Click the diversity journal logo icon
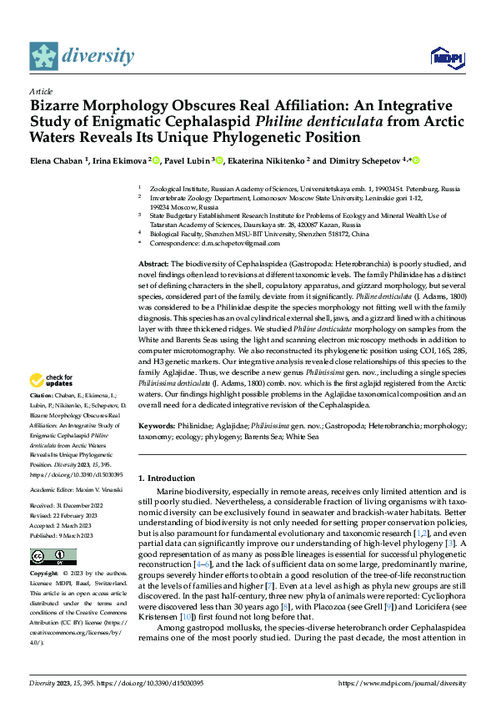[x=44, y=56]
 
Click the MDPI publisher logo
[x=443, y=57]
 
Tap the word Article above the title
[x=41, y=90]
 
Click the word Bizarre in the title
[x=59, y=106]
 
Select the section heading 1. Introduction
[x=173, y=478]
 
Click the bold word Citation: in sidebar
[x=42, y=394]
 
